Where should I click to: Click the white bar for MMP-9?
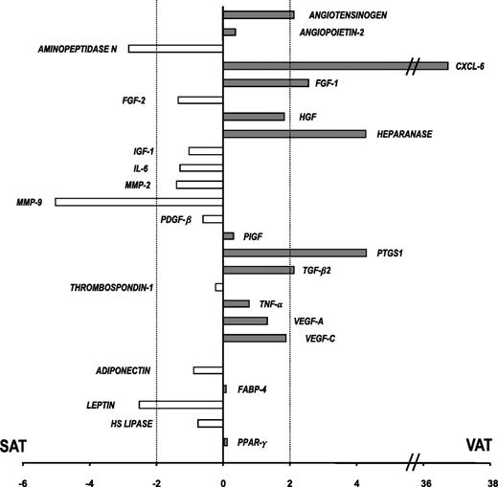point(139,202)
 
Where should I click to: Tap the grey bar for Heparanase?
point(294,134)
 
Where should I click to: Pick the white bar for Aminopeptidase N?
point(175,48)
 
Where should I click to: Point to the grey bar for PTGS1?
point(294,253)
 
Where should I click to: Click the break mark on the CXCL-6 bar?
point(414,65)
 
